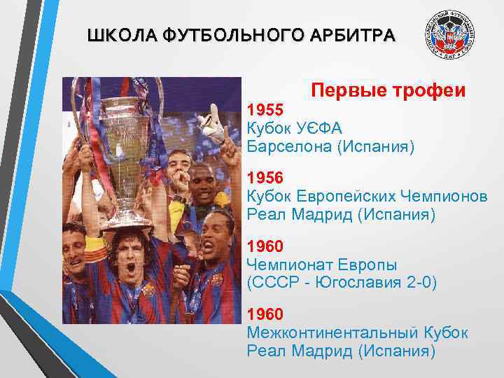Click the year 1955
pyautogui.click(x=265, y=109)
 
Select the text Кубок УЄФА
pyautogui.click(x=295, y=128)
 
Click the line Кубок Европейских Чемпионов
pyautogui.click(x=367, y=196)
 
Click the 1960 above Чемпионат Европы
pyautogui.click(x=265, y=246)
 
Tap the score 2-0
pyautogui.click(x=417, y=283)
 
